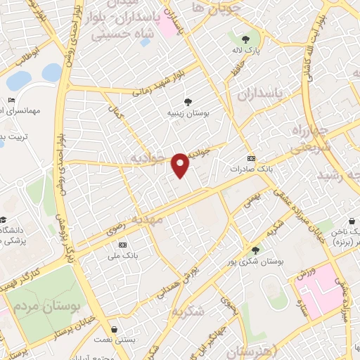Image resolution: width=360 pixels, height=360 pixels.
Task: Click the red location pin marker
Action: click(181, 165)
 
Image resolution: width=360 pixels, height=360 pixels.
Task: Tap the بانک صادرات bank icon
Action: click(252, 158)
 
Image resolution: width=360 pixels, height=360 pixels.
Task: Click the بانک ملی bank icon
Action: click(123, 244)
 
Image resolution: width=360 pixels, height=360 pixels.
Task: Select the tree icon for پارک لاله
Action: click(245, 39)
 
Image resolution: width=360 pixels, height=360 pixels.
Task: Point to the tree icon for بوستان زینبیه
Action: click(187, 101)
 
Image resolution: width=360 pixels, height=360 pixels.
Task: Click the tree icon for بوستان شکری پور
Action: click(255, 250)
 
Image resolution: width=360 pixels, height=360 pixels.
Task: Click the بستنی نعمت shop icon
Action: click(113, 329)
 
